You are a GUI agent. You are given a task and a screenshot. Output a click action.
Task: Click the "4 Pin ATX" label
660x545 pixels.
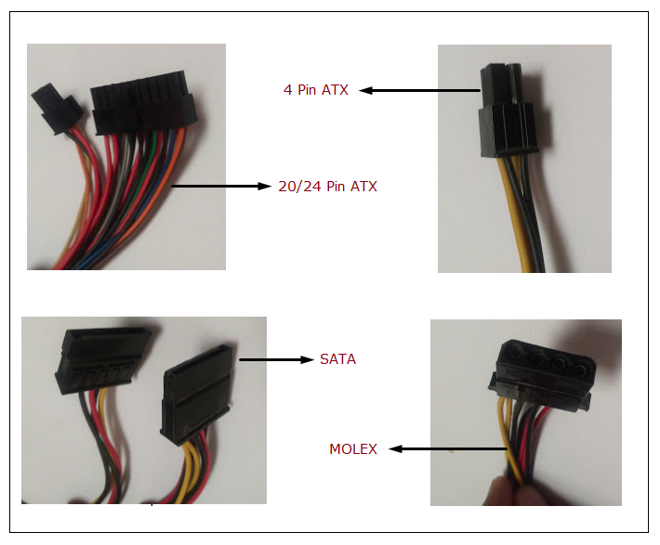(316, 90)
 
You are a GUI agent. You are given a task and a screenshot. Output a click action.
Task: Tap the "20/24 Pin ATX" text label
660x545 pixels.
(327, 187)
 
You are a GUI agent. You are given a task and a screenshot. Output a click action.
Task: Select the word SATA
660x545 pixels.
(337, 358)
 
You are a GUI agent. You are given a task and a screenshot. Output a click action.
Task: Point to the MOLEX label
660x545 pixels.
(353, 449)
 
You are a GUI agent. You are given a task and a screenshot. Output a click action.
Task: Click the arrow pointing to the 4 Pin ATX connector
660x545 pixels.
(419, 90)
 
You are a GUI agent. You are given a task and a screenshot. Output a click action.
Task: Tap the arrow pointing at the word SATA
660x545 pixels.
(276, 358)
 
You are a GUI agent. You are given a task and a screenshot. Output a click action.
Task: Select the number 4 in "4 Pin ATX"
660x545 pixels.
(288, 90)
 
